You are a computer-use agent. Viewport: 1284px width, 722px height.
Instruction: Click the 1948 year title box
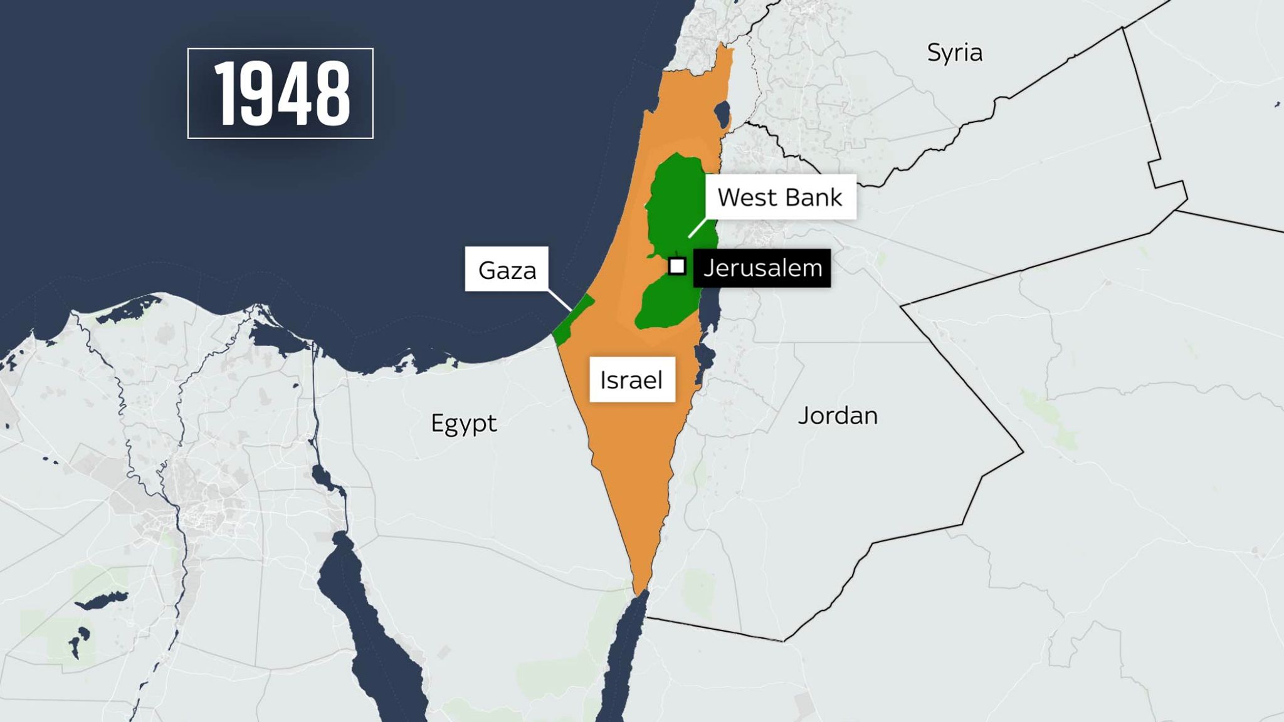pos(280,93)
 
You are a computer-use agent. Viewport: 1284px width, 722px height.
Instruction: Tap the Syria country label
pos(954,53)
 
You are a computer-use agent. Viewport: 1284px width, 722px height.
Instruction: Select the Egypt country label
pos(463,424)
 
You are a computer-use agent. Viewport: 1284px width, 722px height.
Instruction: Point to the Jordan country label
pos(838,416)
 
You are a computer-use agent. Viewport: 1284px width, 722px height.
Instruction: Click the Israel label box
pos(631,380)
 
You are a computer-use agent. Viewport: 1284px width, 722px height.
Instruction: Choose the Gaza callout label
pos(507,269)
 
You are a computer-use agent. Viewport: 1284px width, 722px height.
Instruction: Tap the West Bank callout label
pos(779,197)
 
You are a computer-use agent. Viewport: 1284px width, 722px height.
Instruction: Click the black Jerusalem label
pos(762,268)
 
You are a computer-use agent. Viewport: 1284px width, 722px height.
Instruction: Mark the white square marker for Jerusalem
pos(676,266)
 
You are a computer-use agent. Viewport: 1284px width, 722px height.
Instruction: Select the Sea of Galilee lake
pos(722,115)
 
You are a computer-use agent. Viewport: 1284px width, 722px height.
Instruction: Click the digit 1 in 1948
pos(227,93)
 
